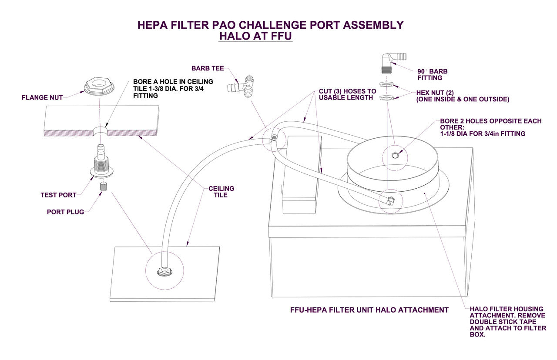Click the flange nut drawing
99,86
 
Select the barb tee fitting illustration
242,86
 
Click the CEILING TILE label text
221,192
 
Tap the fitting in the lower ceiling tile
164,272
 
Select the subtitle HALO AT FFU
255,37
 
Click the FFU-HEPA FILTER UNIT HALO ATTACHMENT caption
369,310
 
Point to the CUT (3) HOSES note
347,94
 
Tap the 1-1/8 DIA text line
483,134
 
